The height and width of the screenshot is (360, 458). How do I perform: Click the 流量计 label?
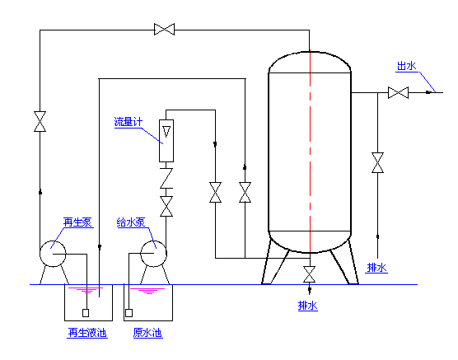point(129,122)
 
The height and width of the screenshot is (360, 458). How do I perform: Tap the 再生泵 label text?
point(77,222)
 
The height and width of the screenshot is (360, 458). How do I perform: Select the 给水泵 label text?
point(131,222)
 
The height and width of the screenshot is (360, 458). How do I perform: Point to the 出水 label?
point(406,66)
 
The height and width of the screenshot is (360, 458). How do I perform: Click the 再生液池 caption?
point(87,333)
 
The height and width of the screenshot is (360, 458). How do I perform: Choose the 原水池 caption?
point(147,333)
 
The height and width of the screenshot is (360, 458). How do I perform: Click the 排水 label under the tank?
point(307,306)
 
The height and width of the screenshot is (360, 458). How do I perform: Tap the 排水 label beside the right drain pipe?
point(376,268)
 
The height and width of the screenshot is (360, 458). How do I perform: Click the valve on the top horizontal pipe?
point(164,30)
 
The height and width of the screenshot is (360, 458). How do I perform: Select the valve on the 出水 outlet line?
point(398,92)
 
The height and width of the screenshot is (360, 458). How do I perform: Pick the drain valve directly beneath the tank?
point(310,274)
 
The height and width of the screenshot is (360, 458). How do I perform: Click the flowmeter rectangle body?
point(166,141)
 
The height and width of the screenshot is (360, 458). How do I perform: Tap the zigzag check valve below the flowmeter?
point(166,178)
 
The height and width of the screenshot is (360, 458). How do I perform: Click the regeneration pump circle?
point(53,254)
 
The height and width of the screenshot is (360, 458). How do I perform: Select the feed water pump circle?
point(153,254)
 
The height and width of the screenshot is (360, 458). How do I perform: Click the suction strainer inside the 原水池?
point(129,313)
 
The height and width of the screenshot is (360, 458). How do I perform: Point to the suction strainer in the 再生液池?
point(86,313)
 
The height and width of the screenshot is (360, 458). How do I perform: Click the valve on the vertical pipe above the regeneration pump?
point(40,121)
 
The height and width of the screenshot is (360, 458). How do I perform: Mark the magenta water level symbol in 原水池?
point(147,291)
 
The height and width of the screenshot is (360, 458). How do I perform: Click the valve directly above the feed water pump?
point(166,206)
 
